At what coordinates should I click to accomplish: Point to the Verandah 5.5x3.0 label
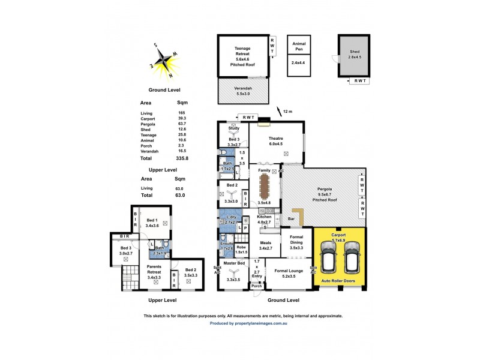tap(242, 91)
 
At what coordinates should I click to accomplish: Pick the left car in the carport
tap(328, 257)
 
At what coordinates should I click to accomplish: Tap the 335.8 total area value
tap(182, 160)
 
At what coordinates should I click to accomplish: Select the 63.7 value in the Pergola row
tap(181, 125)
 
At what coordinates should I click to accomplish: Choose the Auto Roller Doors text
tap(339, 281)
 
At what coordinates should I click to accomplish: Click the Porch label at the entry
tap(257, 286)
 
